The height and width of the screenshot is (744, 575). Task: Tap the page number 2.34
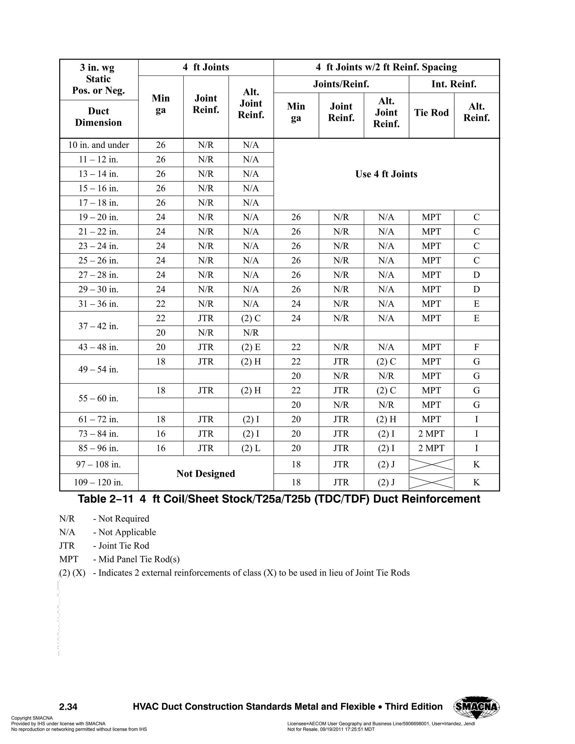(x=68, y=707)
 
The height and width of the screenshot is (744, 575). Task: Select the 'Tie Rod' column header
(x=431, y=113)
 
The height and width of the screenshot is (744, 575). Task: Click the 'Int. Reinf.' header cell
(x=454, y=84)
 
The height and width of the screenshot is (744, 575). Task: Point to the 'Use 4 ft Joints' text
(x=386, y=174)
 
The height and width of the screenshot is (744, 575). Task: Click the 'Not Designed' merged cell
(x=206, y=474)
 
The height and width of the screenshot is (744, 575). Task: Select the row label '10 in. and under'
(x=99, y=145)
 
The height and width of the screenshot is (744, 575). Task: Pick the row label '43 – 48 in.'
(x=99, y=347)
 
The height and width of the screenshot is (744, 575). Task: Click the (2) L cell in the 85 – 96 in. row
(x=251, y=448)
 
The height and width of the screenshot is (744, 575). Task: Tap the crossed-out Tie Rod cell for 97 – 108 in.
(x=431, y=465)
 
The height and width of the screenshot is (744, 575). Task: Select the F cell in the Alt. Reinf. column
(x=476, y=347)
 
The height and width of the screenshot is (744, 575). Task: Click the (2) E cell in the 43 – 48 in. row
(x=251, y=347)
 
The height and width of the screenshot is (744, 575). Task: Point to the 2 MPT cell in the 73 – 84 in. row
(x=431, y=434)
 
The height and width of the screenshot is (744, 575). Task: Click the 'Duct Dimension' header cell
(x=99, y=117)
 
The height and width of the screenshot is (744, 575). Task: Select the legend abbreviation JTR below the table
(x=67, y=546)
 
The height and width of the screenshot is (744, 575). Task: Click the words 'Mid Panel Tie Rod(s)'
(x=139, y=559)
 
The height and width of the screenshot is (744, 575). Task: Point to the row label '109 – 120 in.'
(x=99, y=482)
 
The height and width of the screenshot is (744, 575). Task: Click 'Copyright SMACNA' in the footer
(x=32, y=718)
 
